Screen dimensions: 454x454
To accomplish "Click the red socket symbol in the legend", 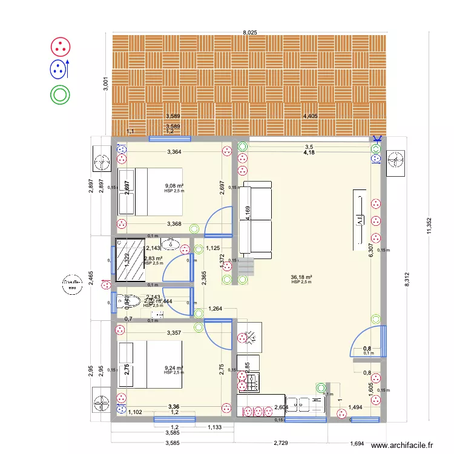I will pos(61,45).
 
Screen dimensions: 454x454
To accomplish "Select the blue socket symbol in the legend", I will pos(59,68).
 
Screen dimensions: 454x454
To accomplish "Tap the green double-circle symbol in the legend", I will pos(61,94).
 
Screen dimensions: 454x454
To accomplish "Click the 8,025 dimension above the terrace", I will pos(248,31).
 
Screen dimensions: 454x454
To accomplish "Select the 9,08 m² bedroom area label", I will pos(174,186).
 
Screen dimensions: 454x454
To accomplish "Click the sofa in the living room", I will pos(255,219).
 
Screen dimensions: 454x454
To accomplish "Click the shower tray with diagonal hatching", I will pos(130,260).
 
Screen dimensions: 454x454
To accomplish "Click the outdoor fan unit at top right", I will pos(396,161).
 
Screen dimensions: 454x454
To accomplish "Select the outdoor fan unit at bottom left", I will pos(102,404).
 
